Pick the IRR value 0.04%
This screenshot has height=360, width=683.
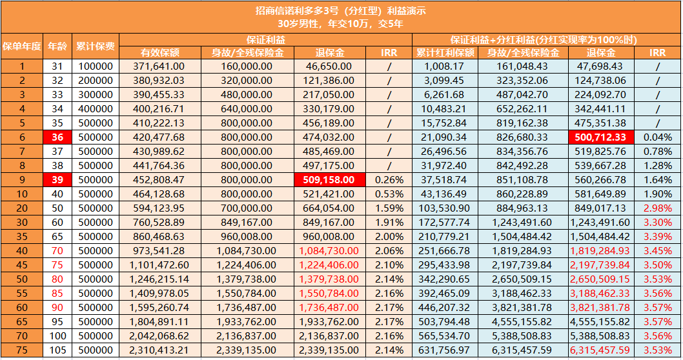coord(658,136)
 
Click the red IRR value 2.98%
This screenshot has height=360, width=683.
coord(658,208)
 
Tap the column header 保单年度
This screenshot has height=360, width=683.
coord(22,46)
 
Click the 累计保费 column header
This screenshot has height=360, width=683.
coord(95,46)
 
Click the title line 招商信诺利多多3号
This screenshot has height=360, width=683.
coord(340,11)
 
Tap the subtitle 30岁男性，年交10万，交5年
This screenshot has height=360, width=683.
coord(340,24)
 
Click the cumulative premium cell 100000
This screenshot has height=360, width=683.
coord(95,66)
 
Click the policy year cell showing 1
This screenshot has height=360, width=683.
coord(22,66)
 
